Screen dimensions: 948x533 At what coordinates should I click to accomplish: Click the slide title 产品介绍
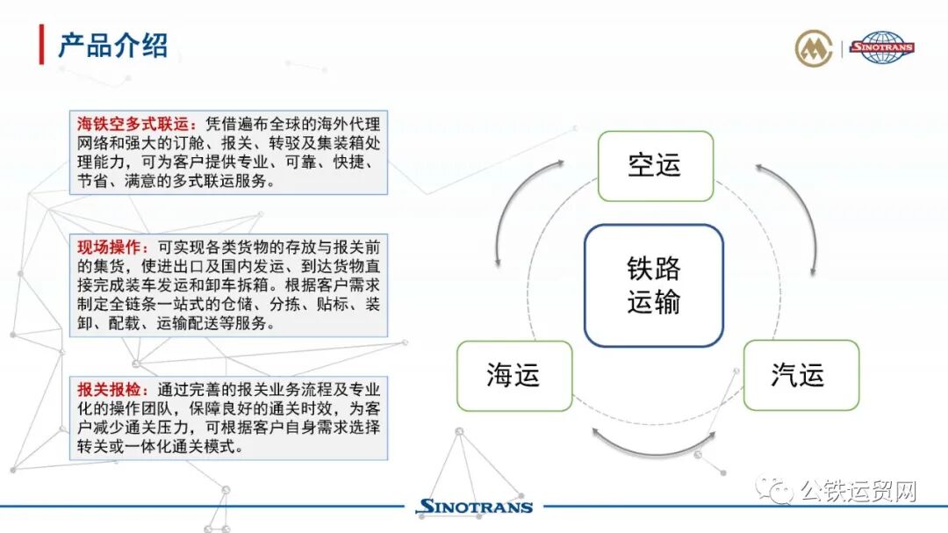(112, 45)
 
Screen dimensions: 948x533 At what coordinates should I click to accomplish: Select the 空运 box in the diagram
(655, 165)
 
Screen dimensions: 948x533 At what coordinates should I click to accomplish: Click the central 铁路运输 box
(654, 285)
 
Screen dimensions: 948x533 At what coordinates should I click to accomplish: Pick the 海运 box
(513, 376)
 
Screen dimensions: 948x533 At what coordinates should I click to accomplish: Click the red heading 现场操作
(110, 248)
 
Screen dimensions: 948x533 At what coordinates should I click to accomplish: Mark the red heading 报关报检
(110, 390)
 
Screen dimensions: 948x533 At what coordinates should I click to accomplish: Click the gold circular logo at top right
(814, 48)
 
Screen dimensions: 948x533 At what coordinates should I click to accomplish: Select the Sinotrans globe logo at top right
(882, 47)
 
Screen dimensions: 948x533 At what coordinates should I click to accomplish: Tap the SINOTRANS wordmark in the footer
(474, 507)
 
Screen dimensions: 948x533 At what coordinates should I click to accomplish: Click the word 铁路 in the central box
(654, 269)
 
